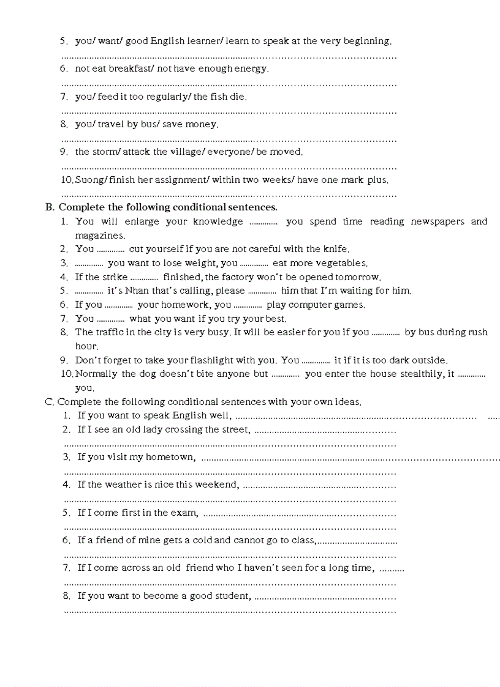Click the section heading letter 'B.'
coord(50,207)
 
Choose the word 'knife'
coord(335,249)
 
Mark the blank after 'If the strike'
coord(145,278)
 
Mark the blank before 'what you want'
coord(111,319)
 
